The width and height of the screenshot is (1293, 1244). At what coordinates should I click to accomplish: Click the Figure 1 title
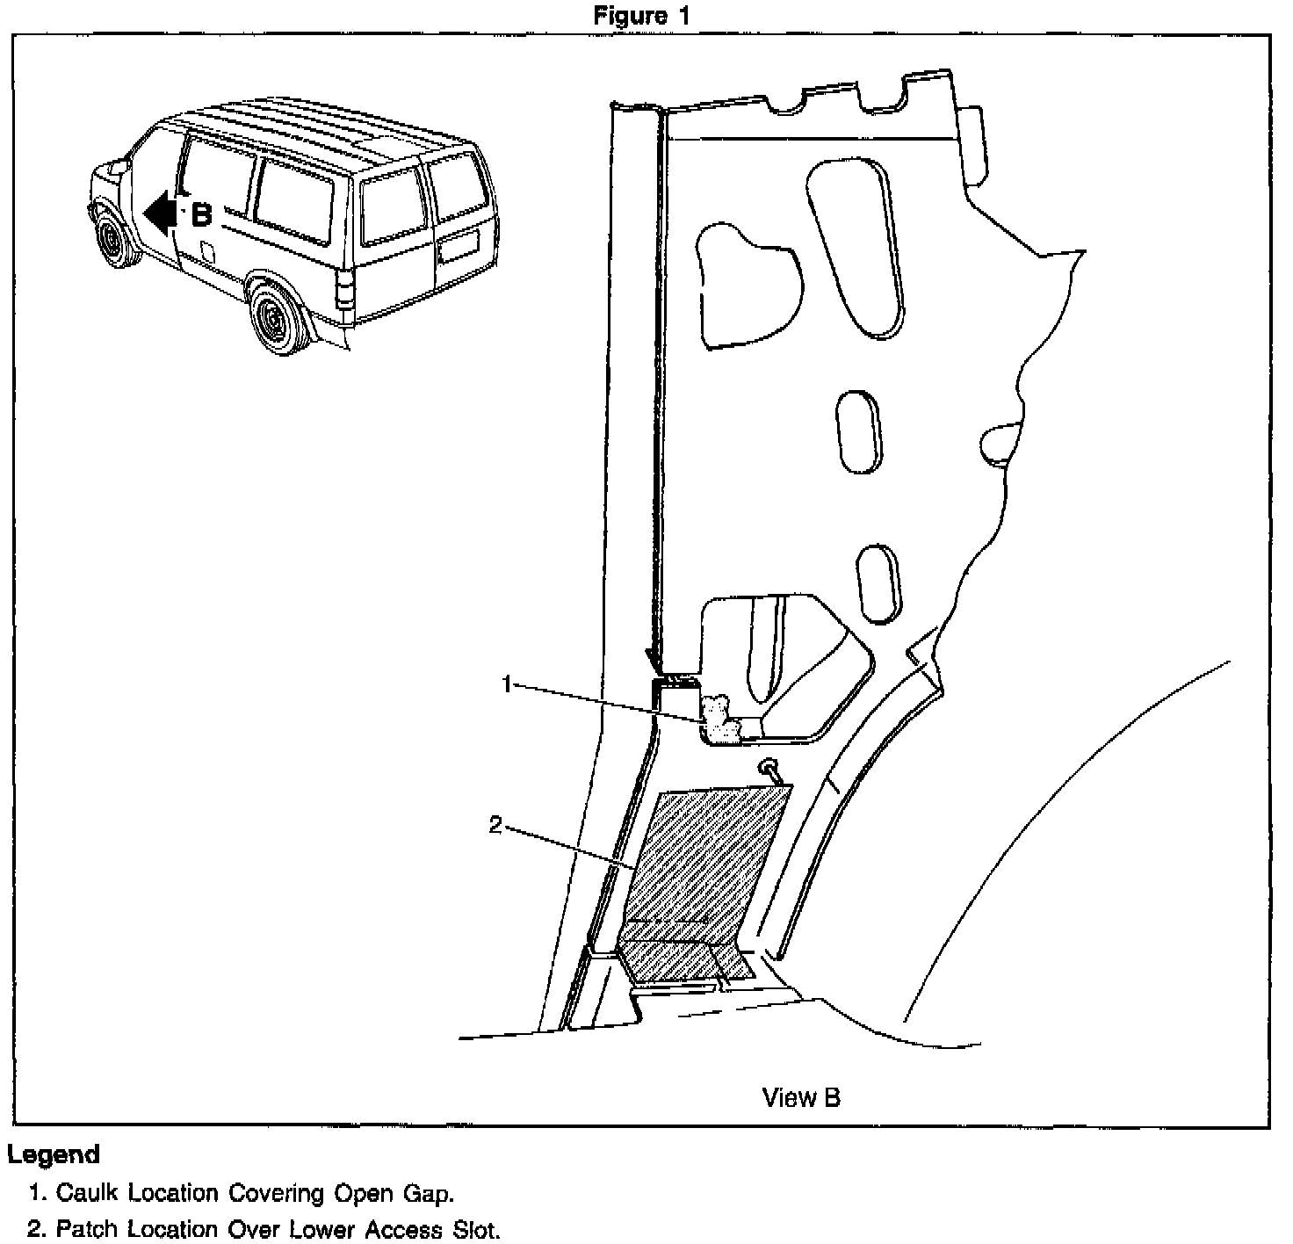coord(641,16)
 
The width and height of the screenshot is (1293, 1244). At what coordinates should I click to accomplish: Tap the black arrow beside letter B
coord(158,213)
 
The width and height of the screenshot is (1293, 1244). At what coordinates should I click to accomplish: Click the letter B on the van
coord(201,213)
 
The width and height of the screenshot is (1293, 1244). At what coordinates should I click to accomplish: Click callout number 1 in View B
coord(506,683)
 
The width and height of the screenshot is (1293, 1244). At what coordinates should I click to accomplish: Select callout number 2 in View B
coord(495,825)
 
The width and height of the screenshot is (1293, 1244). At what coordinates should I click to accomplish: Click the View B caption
coord(800,1097)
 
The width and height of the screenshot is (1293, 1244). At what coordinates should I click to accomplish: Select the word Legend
coord(53,1154)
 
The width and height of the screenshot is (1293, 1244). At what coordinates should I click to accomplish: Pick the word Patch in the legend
coord(88,1228)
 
